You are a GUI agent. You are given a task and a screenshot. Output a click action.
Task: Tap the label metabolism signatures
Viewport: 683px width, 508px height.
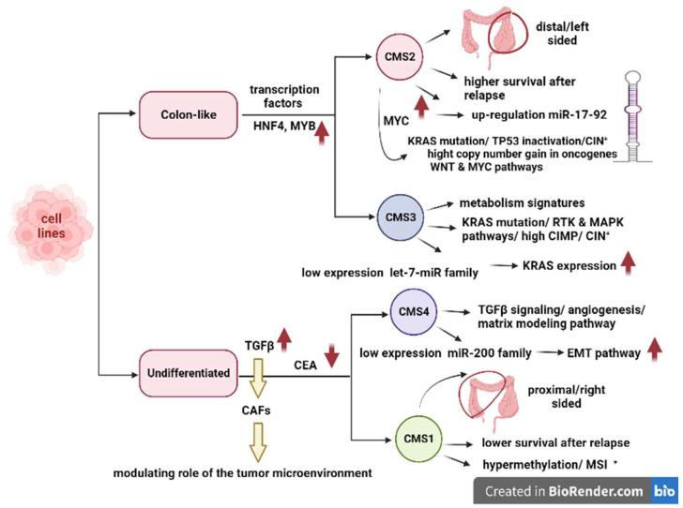pos(524,203)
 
